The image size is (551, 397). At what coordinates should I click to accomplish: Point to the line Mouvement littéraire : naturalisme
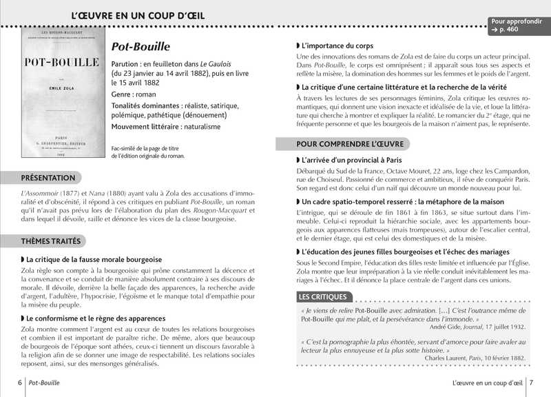166,127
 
